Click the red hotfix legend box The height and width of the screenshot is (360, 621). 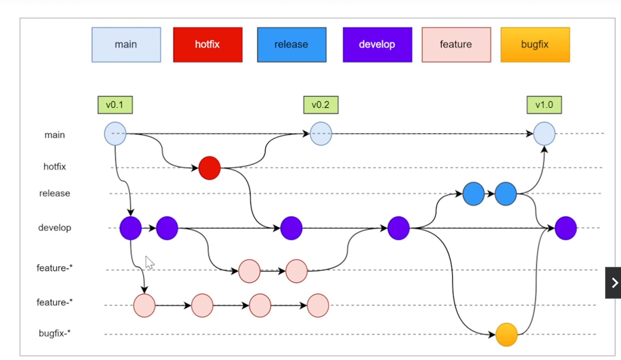(208, 45)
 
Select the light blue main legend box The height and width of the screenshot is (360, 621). (126, 45)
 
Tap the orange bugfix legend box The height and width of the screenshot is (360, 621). (534, 45)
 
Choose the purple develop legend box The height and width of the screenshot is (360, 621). (377, 45)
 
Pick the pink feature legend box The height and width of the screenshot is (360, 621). (456, 45)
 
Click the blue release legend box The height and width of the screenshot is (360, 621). (292, 45)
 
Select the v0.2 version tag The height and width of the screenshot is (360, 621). (321, 104)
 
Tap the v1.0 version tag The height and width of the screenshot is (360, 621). (544, 104)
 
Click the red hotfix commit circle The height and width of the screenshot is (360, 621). (209, 168)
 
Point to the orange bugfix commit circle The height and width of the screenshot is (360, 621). (507, 335)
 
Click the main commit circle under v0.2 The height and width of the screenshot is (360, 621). (321, 134)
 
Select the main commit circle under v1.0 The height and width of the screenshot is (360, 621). (544, 134)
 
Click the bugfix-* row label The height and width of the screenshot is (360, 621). (55, 333)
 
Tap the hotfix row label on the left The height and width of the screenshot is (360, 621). (55, 167)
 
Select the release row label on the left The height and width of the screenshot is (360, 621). (55, 194)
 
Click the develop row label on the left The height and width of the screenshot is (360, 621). (55, 228)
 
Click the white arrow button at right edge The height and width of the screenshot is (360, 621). (613, 283)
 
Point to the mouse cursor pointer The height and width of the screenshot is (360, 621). (149, 263)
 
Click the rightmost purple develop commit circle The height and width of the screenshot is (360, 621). (566, 228)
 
